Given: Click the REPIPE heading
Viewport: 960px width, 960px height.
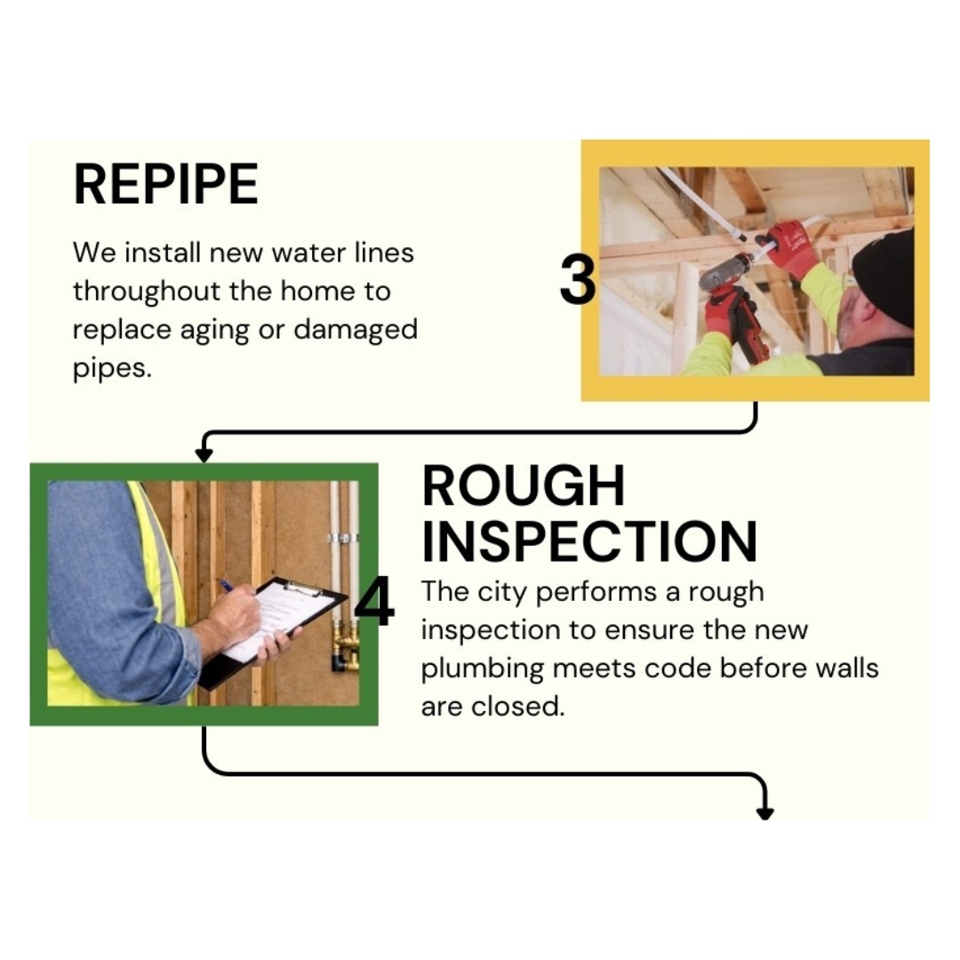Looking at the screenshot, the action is (x=165, y=184).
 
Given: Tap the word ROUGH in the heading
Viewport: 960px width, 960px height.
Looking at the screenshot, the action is (x=524, y=485).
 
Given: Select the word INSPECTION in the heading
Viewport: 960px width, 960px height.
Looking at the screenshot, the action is (x=589, y=541).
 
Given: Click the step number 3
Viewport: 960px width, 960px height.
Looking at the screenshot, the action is (x=578, y=280).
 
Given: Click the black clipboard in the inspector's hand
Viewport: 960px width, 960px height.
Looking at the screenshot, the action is (x=273, y=630).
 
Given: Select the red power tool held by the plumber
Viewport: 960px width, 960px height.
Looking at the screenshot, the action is (x=732, y=300).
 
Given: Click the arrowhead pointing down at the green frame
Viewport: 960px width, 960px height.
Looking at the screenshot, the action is (x=204, y=455).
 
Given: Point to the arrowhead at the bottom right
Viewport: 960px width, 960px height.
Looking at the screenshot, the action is (x=765, y=813).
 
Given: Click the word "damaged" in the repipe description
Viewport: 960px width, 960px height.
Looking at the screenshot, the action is (x=356, y=330).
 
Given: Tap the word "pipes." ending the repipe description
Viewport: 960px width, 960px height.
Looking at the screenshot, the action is (x=112, y=369).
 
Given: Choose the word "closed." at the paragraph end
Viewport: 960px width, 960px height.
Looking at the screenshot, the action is (x=517, y=707).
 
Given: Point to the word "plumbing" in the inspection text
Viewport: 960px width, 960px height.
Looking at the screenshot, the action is (x=483, y=669).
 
